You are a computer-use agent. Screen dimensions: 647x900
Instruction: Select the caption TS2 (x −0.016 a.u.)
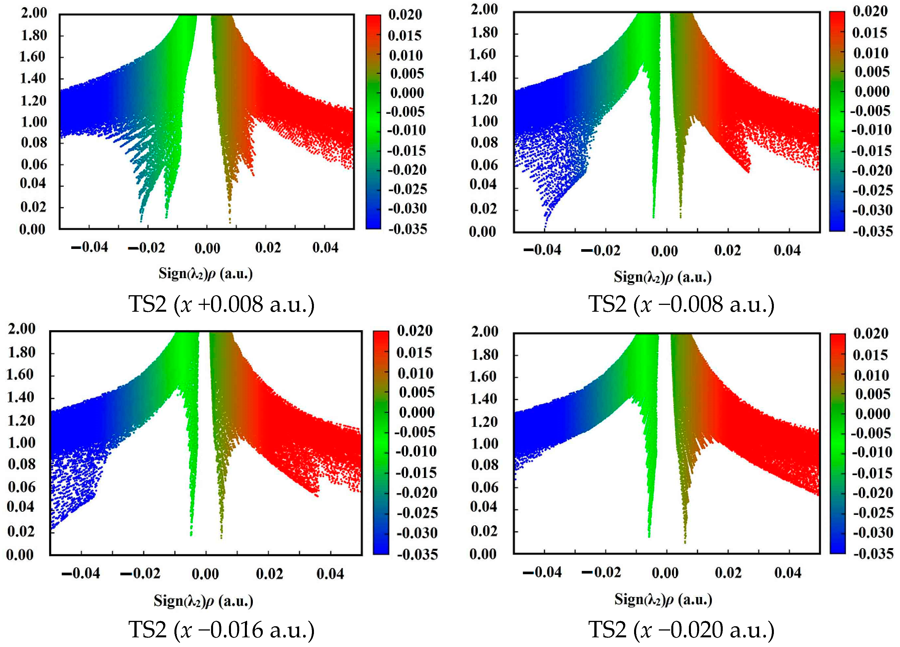click(x=221, y=629)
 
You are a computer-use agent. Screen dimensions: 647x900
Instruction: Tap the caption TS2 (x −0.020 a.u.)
click(x=681, y=629)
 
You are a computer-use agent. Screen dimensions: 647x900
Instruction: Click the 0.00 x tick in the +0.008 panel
click(x=207, y=248)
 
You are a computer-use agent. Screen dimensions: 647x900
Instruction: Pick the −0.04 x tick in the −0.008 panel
click(x=542, y=250)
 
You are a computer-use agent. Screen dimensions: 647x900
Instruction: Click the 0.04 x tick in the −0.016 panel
click(x=330, y=574)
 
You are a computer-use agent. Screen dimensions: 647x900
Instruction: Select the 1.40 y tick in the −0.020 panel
click(x=483, y=399)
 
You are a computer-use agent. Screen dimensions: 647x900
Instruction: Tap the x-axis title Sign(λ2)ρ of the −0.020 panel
click(x=663, y=599)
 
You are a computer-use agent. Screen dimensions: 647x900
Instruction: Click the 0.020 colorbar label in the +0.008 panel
click(x=405, y=15)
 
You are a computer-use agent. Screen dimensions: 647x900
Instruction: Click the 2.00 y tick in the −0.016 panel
click(x=21, y=329)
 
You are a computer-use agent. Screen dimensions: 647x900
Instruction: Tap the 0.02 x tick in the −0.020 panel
click(x=728, y=573)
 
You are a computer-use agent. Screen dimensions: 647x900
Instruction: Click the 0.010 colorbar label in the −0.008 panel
click(x=871, y=53)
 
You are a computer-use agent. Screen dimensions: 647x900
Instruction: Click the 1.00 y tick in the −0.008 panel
click(x=483, y=121)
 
